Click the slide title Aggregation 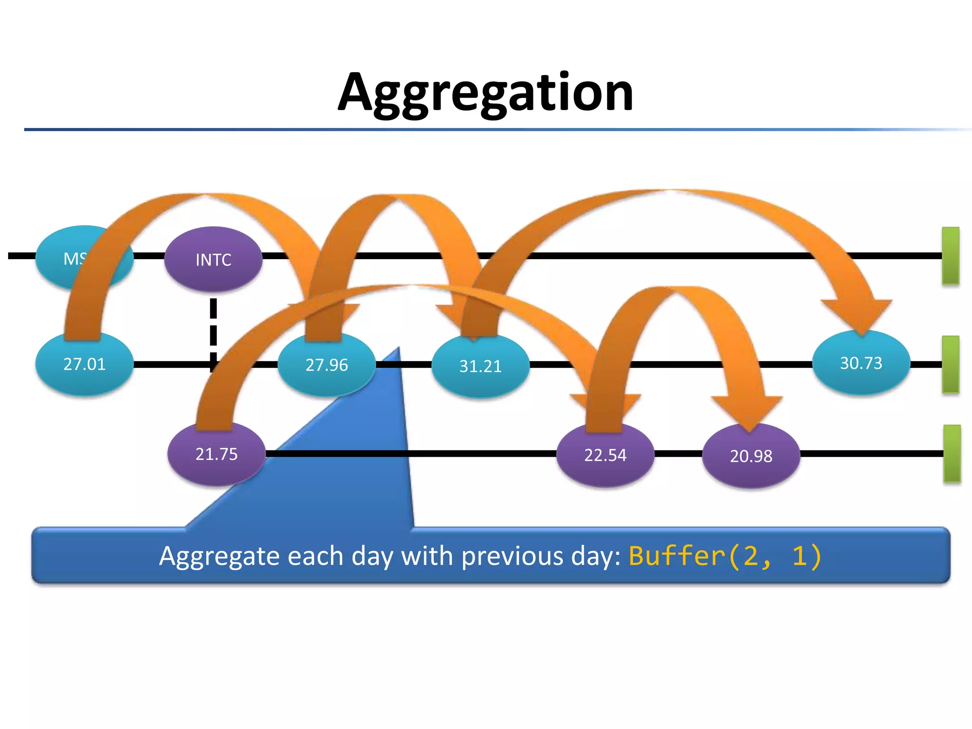coord(485,92)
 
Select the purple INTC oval coord(213,259)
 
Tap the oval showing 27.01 coord(84,364)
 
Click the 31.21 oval coord(480,366)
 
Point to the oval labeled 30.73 coord(861,364)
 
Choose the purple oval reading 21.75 coord(216,454)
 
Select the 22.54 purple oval coord(605,456)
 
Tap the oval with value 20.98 coord(751,456)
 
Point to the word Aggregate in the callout coord(219,556)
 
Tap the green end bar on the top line coord(950,255)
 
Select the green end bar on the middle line coord(950,364)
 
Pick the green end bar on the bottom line coord(952,453)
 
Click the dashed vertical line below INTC coord(214,327)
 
